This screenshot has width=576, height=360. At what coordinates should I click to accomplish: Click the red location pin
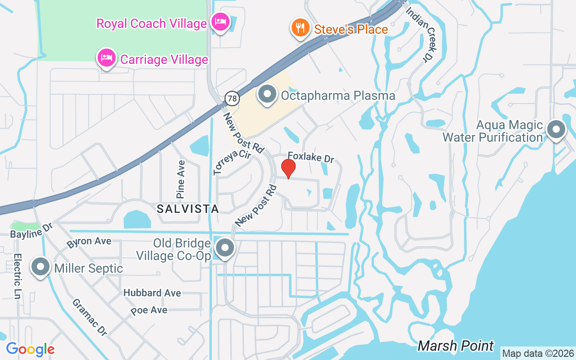click(x=288, y=169)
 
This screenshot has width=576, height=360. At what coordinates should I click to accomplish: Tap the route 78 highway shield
click(x=232, y=98)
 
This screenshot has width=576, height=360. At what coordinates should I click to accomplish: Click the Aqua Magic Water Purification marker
click(x=556, y=130)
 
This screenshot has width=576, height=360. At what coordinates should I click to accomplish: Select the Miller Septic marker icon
click(x=40, y=267)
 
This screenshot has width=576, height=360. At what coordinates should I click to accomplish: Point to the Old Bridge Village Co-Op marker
click(x=225, y=248)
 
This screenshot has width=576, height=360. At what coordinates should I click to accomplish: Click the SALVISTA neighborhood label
click(x=188, y=209)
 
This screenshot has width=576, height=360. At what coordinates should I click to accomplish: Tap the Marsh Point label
click(x=456, y=346)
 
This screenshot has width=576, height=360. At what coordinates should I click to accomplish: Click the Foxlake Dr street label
click(x=311, y=157)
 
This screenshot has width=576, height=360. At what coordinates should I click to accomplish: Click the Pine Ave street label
click(x=181, y=179)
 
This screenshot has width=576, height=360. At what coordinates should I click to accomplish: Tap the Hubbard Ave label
click(x=152, y=293)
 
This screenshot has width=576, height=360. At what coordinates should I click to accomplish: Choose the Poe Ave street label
click(x=149, y=310)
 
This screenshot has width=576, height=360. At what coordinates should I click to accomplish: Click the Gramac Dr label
click(x=90, y=317)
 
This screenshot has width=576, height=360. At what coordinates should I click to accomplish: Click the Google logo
click(x=30, y=349)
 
